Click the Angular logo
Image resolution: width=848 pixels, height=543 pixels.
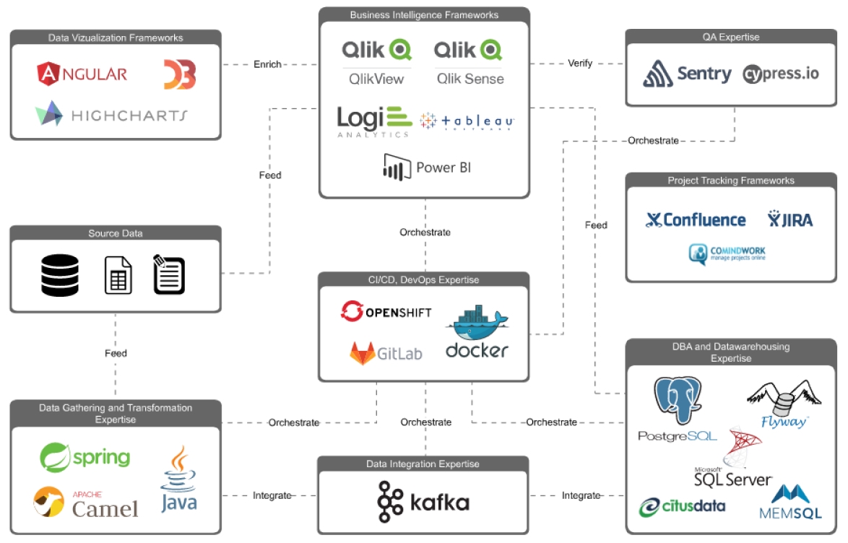[82, 73]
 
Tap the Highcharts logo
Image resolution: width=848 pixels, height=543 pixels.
[111, 114]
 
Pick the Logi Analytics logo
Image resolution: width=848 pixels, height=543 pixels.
[374, 121]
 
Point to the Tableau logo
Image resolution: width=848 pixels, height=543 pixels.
[467, 121]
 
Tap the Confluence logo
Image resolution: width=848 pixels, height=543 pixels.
[696, 220]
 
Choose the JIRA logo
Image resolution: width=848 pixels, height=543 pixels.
[789, 220]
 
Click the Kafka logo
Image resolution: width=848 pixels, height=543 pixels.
[423, 502]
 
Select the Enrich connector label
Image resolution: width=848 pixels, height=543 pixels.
[267, 64]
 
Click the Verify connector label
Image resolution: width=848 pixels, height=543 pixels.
[579, 64]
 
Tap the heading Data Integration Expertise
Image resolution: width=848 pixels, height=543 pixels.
[423, 464]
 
